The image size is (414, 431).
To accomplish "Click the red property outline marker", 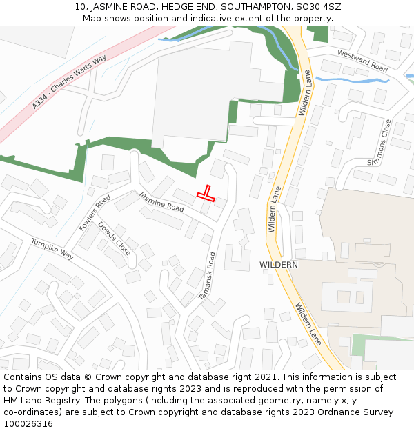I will pos(206,194).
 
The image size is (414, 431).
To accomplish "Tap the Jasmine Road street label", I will pos(161,202).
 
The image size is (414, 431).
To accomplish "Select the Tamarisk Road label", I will pos(208,275).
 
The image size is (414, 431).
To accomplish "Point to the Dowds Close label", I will pos(114,238).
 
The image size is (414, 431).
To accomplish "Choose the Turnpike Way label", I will pos(52,248).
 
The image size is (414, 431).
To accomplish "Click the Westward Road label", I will pos(362,61).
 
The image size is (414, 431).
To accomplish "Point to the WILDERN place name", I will pos(279,265).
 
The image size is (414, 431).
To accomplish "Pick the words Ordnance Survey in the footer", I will pos(355,412).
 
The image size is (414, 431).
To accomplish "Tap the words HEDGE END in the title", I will pos(185,7).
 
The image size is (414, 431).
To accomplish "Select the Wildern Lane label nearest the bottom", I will pos(308,324).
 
